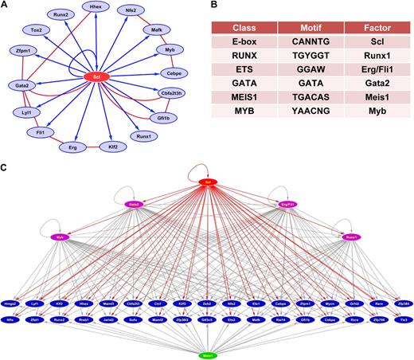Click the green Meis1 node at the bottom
pos(207,351)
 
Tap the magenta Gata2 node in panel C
pos(134,204)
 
